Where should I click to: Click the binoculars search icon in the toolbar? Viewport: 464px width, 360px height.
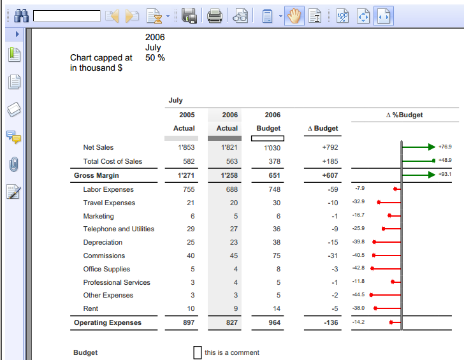[x=20, y=15]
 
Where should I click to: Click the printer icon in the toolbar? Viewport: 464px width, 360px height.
[x=215, y=16]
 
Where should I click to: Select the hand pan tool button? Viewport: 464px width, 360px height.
[x=294, y=16]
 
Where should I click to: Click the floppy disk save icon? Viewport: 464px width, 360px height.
[x=189, y=16]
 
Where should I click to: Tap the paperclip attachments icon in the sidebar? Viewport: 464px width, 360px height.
[x=14, y=164]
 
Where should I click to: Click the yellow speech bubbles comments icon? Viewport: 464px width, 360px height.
[x=13, y=136]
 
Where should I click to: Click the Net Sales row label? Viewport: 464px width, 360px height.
[x=98, y=147]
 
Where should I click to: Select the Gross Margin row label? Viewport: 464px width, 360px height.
[x=96, y=175]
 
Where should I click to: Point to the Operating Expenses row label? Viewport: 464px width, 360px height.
[x=108, y=322]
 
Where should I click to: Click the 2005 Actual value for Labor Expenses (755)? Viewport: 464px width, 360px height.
[x=189, y=189]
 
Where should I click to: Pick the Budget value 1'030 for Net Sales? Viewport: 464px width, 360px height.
[x=272, y=148]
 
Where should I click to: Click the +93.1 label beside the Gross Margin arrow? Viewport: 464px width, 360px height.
[x=445, y=175]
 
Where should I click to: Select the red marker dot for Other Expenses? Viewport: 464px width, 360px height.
[x=371, y=295]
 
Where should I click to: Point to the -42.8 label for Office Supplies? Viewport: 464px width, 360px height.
[x=358, y=268]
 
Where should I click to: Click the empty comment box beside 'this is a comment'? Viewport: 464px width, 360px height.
[x=198, y=352]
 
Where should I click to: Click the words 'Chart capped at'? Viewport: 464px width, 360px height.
[x=101, y=57]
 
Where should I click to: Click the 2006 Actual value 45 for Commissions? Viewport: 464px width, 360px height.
[x=233, y=256]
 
